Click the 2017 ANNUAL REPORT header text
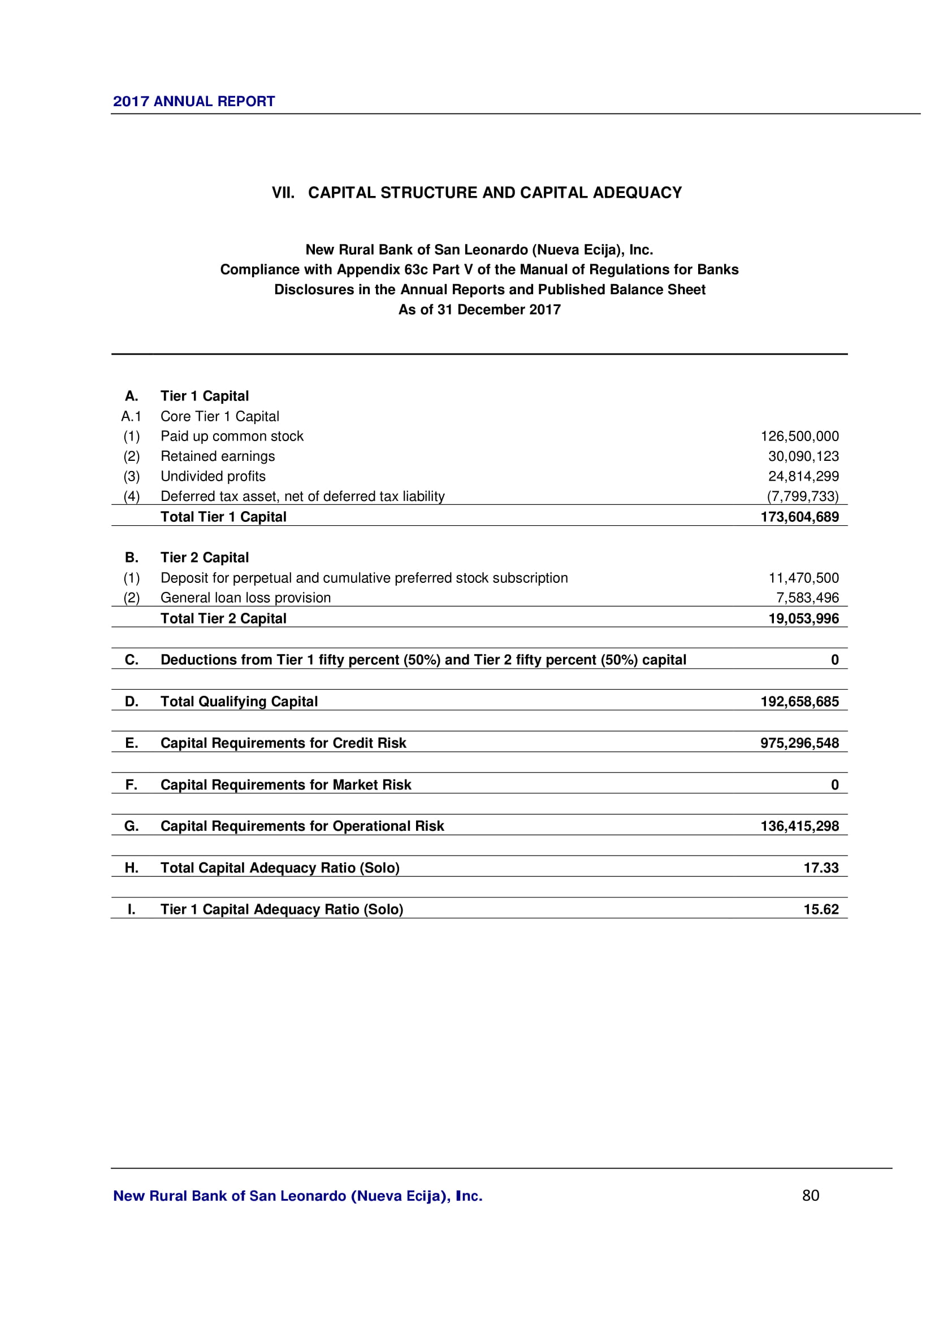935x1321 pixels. (x=193, y=101)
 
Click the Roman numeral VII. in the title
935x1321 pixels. (x=283, y=193)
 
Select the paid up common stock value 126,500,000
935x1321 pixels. (x=799, y=436)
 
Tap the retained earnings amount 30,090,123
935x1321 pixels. (x=803, y=456)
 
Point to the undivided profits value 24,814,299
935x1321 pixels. (x=803, y=477)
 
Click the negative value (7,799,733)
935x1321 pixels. (x=802, y=496)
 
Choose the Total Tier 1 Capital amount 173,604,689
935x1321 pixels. (x=799, y=517)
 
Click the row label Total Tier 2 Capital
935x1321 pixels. (x=223, y=618)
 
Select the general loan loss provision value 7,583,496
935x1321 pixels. (x=807, y=598)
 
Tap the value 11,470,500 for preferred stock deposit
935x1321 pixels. (x=803, y=578)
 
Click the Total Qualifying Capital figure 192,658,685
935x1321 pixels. (x=799, y=701)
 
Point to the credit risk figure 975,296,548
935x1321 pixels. (x=799, y=743)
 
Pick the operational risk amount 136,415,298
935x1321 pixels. (x=799, y=826)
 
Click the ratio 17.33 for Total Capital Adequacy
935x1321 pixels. (x=821, y=867)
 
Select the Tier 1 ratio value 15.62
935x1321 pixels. (x=821, y=909)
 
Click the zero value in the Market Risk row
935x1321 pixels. (x=834, y=785)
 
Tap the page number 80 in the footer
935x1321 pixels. (x=810, y=1196)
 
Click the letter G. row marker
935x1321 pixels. (x=131, y=826)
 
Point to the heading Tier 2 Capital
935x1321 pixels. (x=205, y=557)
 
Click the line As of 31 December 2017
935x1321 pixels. (x=479, y=309)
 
